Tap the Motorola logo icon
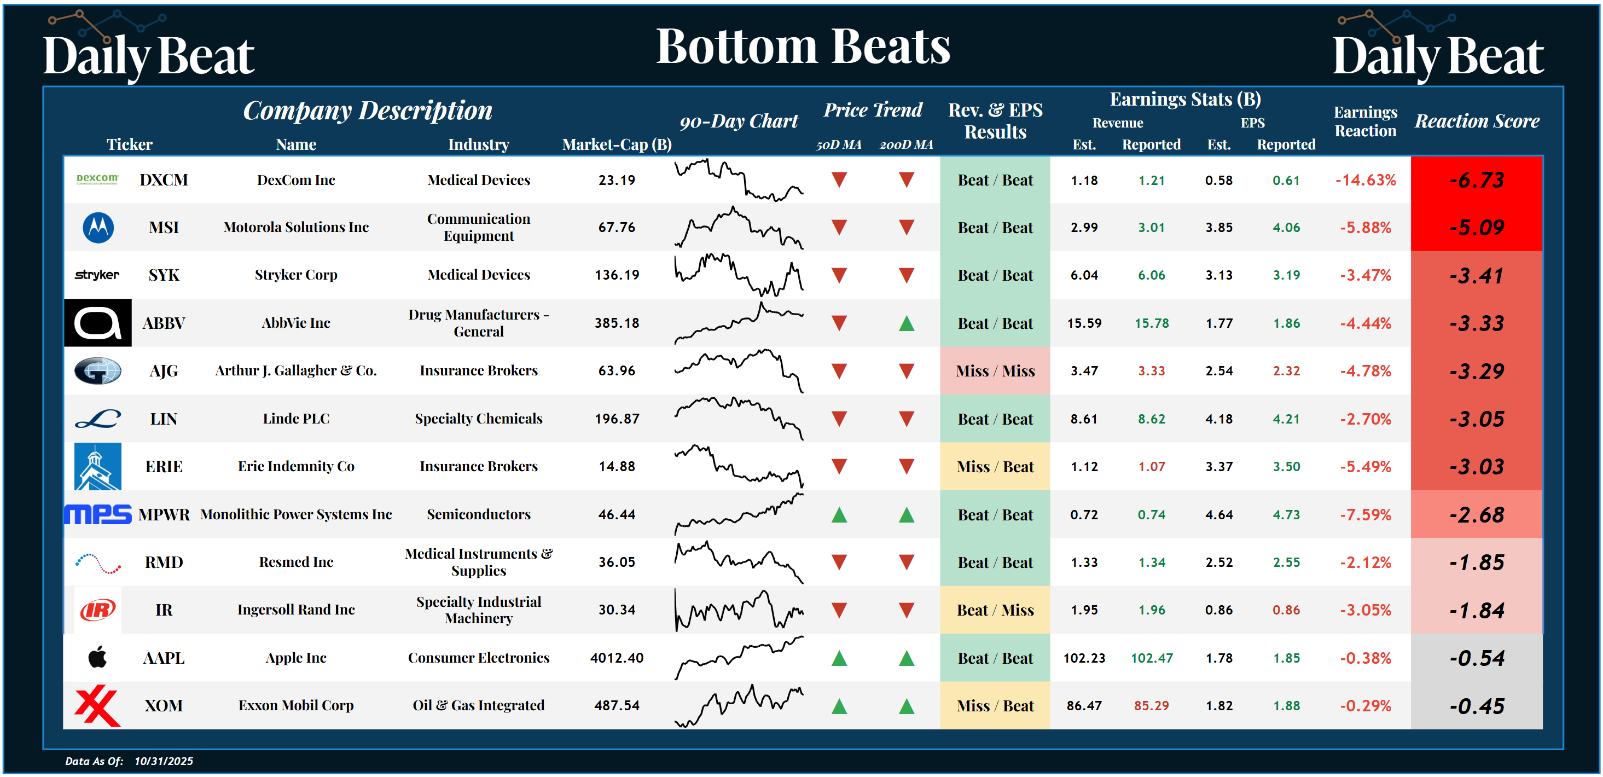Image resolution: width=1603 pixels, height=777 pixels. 98,227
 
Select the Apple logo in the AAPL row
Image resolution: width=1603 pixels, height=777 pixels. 98,658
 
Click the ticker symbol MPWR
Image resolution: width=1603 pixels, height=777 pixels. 164,515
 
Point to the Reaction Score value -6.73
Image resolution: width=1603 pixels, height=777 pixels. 1476,180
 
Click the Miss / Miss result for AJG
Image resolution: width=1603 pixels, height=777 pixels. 995,371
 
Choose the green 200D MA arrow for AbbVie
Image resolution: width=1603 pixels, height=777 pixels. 906,323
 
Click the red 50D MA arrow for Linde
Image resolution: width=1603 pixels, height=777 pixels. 839,419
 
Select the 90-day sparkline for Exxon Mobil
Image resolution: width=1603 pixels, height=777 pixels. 739,705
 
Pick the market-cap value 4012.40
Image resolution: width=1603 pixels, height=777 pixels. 616,658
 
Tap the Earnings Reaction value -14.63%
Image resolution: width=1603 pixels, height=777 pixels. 1366,180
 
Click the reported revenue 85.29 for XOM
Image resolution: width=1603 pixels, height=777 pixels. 1151,706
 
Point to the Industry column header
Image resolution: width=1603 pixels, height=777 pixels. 479,144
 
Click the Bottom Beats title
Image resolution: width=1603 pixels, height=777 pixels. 803,47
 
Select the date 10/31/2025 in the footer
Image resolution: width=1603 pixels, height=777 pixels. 164,761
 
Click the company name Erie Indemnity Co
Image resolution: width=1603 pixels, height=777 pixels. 295,466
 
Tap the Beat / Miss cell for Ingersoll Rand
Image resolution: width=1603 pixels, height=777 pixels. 995,610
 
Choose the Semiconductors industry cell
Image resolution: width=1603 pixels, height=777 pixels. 479,514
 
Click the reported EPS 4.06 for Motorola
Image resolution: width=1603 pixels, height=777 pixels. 1286,228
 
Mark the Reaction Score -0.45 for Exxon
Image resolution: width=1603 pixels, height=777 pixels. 1476,706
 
